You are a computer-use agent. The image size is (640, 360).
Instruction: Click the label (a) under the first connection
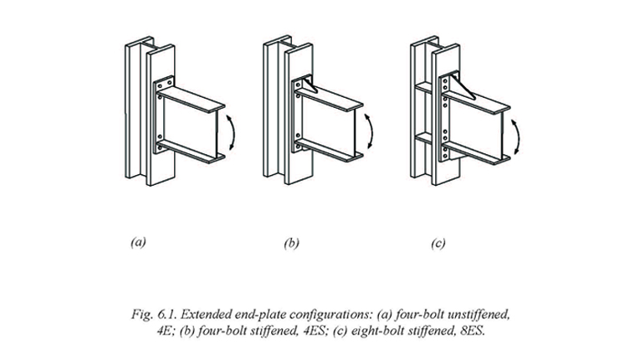click(x=138, y=243)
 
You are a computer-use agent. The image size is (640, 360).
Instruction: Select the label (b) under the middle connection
click(x=291, y=244)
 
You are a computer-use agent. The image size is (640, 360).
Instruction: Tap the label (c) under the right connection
click(x=438, y=244)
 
